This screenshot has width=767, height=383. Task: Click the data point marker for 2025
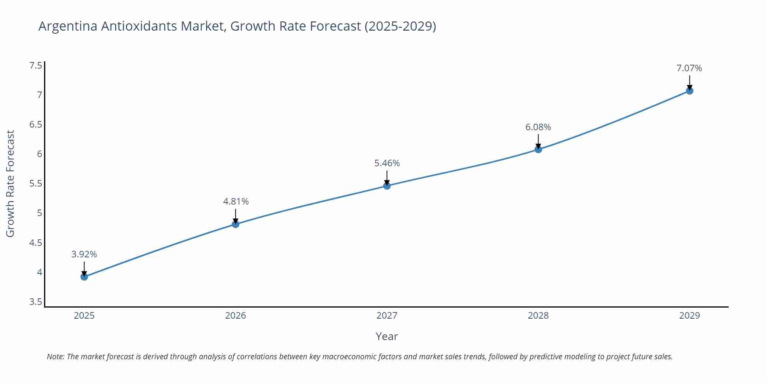84,277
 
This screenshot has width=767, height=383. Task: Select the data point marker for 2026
235,224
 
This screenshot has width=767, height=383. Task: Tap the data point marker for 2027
387,186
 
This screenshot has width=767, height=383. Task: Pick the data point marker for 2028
538,149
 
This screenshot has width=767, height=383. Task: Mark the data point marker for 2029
690,91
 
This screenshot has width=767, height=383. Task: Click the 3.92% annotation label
84,254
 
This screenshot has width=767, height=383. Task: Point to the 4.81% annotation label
236,201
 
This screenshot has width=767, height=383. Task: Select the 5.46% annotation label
387,163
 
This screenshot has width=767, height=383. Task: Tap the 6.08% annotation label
538,127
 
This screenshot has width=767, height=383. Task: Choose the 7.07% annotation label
689,68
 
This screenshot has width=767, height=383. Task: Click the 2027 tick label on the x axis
387,316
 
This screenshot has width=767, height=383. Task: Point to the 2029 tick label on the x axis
690,316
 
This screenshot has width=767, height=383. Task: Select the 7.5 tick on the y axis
36,65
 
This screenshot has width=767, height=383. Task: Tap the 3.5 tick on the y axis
36,302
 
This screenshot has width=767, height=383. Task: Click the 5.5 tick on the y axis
36,183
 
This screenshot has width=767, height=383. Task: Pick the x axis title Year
387,336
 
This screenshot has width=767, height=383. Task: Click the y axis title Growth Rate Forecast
10,183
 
